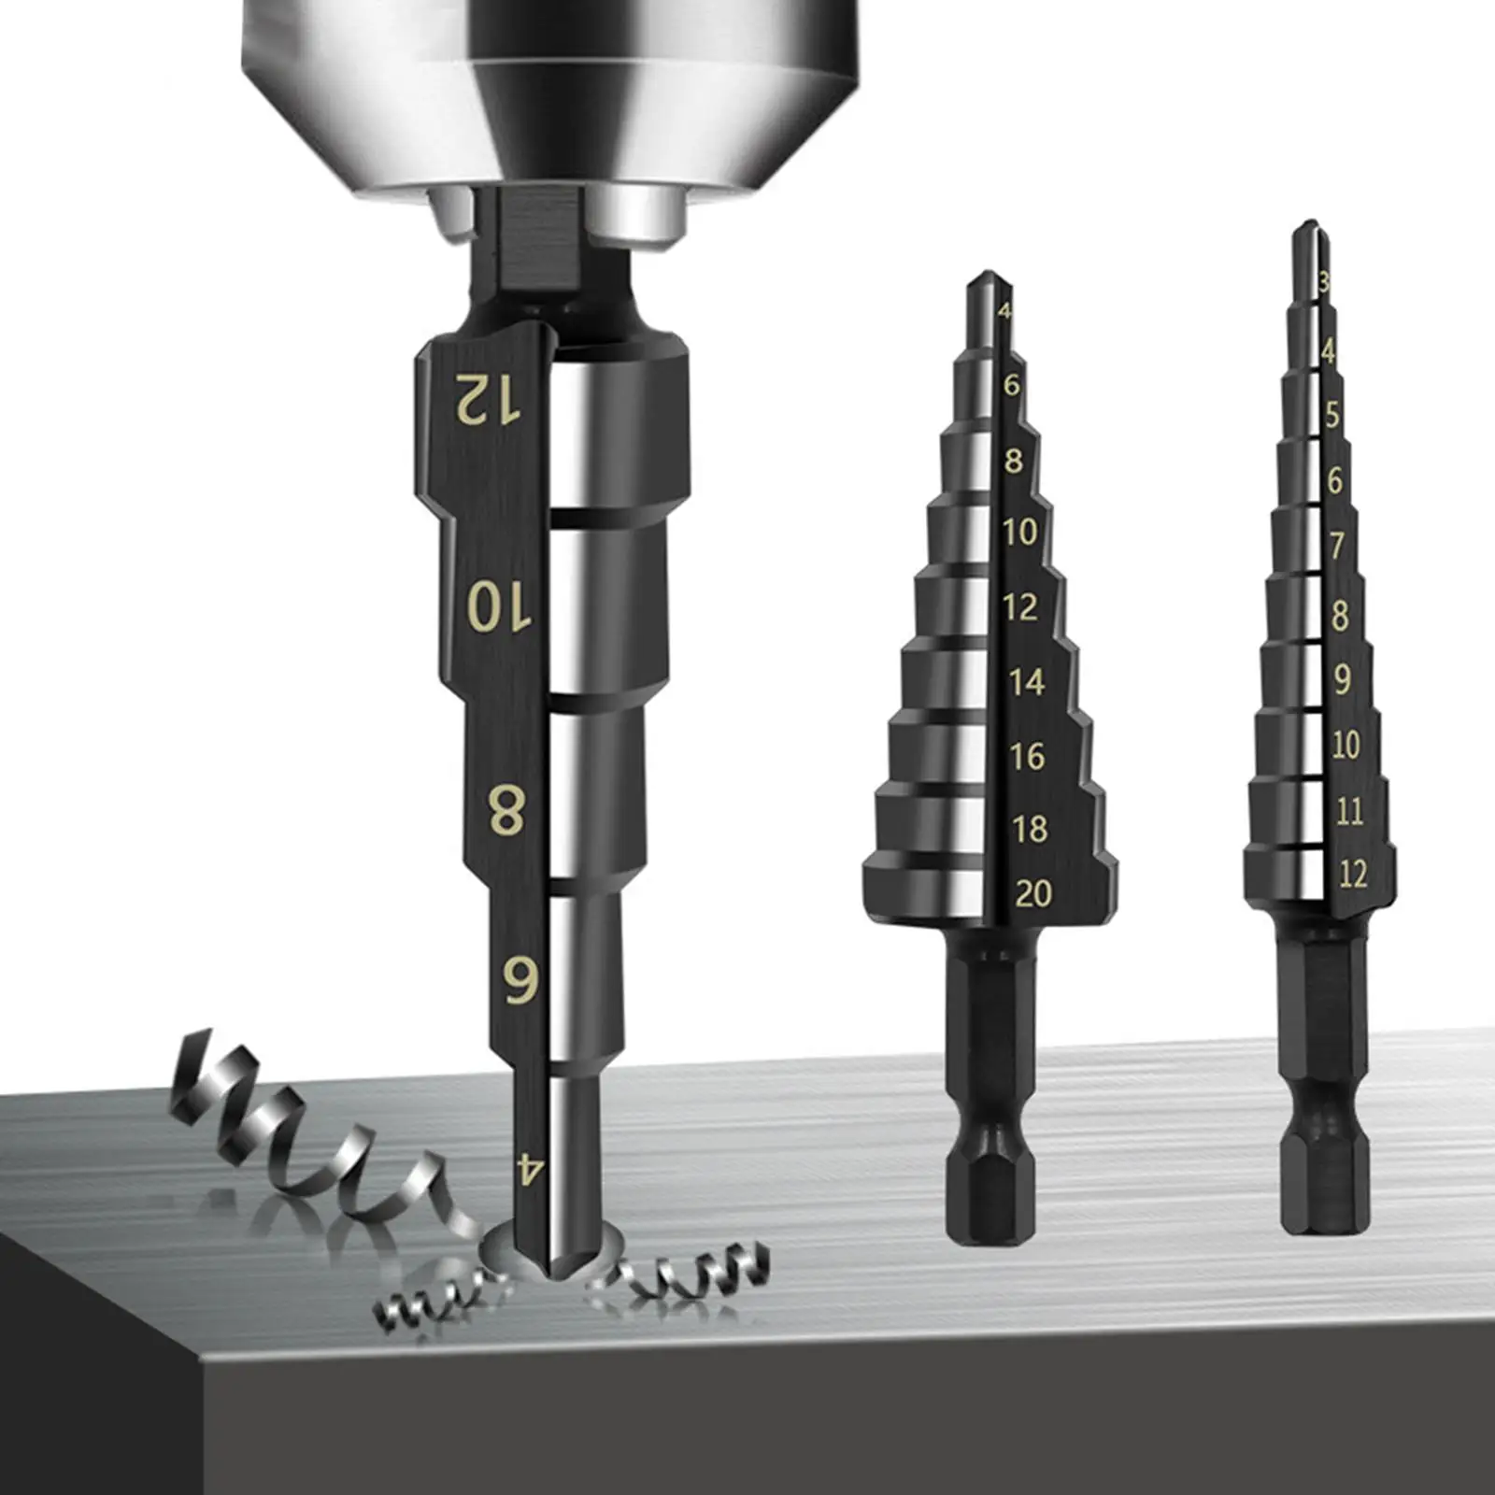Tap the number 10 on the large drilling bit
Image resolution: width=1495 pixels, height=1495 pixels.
499,608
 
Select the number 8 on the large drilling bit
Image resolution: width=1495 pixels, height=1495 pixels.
507,811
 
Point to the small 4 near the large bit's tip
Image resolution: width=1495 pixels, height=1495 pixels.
530,1168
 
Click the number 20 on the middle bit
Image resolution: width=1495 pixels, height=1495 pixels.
1032,894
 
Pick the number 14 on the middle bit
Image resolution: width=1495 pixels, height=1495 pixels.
1026,682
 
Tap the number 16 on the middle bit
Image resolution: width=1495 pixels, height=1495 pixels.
1027,756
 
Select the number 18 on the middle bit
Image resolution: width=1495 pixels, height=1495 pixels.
1029,829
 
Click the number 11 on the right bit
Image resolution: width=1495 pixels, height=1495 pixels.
1348,811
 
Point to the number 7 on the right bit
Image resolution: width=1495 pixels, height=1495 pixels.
1337,545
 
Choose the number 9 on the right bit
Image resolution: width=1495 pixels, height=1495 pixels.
1342,679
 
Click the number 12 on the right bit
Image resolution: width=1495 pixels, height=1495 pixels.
1352,875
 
